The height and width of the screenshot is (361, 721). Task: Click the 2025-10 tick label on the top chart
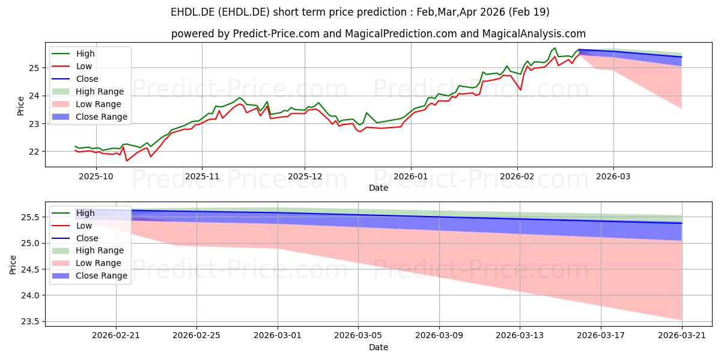tap(96, 176)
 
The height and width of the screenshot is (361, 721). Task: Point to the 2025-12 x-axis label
tap(305, 176)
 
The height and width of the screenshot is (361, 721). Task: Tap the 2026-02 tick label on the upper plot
tap(517, 176)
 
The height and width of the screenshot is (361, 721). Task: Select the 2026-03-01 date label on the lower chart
tap(278, 336)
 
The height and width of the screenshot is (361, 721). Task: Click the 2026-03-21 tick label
tap(682, 336)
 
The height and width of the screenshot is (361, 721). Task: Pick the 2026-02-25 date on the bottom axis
tap(196, 336)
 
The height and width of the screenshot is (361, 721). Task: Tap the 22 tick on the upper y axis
tap(34, 152)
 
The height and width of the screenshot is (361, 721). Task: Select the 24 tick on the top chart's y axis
tap(34, 96)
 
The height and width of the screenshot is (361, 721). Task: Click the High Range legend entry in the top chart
tap(88, 91)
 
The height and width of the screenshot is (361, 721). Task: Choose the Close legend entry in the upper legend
tap(75, 79)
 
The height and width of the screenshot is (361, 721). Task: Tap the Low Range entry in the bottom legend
tap(87, 263)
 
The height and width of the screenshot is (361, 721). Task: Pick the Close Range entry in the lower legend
tap(90, 276)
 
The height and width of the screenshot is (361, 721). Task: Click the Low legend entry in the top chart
tap(71, 66)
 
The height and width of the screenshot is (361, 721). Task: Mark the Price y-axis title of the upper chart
tap(20, 106)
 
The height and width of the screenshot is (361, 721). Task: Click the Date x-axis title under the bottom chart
tap(379, 347)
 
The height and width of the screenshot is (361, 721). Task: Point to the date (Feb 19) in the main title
tap(529, 12)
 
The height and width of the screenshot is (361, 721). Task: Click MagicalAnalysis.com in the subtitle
tap(534, 34)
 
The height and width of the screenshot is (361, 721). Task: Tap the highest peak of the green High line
tap(555, 48)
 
